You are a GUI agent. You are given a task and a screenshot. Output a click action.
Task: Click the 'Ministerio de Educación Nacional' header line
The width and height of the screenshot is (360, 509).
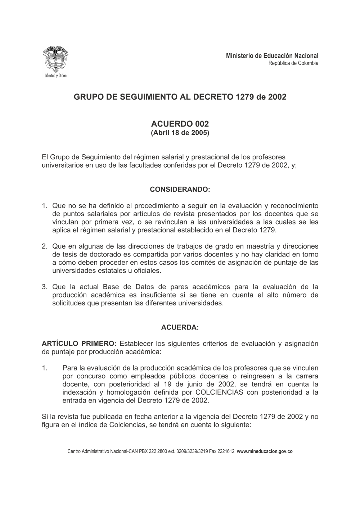(x=272, y=56)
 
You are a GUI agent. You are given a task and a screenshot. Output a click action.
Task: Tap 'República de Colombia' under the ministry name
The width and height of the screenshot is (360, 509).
(x=293, y=63)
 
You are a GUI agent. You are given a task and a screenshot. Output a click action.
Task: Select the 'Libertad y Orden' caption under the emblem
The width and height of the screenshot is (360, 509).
(x=55, y=76)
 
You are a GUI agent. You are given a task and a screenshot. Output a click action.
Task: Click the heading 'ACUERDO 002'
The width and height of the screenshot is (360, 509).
(x=180, y=124)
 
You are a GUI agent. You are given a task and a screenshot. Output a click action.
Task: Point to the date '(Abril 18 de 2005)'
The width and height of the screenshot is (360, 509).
(x=180, y=133)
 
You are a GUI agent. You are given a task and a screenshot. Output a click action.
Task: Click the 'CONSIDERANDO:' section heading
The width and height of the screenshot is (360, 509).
(x=180, y=189)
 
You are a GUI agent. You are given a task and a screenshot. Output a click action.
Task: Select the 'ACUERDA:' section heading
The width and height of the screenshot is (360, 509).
(x=180, y=328)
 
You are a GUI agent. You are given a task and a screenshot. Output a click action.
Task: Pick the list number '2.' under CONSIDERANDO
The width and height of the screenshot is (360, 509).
(x=45, y=246)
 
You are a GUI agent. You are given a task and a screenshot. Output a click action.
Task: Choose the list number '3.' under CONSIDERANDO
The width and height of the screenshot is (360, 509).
(x=45, y=287)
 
